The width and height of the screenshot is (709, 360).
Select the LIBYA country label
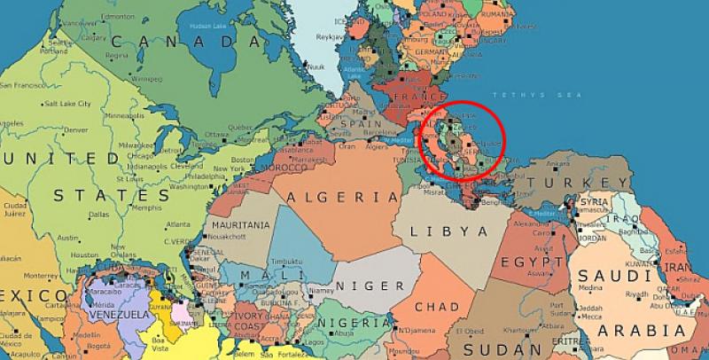point(452,231)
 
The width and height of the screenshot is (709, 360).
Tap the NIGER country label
point(361,286)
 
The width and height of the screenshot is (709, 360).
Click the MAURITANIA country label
point(241,226)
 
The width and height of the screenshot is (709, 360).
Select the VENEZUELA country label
point(115,314)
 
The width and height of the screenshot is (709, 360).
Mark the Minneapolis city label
point(123,116)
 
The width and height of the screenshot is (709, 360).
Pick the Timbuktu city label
point(286,261)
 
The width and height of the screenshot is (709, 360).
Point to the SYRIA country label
point(594,202)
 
